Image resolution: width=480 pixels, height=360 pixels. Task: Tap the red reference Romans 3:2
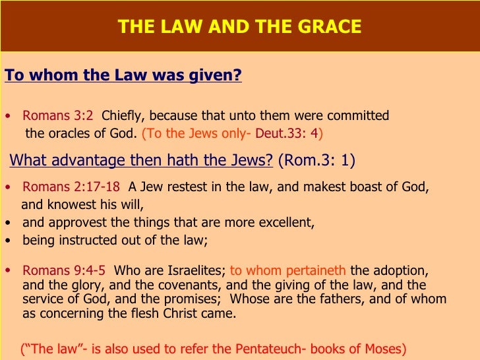[58, 116]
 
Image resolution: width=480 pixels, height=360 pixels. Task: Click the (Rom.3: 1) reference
[316, 160]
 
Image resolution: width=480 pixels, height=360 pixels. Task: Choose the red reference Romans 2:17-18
[71, 187]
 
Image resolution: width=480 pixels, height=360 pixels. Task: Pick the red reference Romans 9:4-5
[65, 270]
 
